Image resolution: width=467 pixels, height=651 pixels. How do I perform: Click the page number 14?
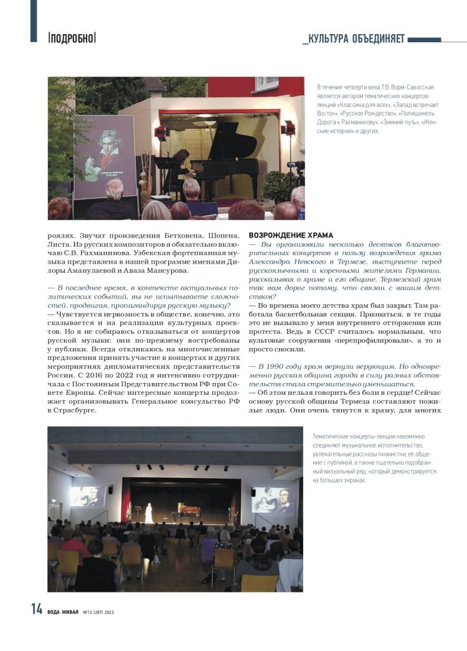point(37,610)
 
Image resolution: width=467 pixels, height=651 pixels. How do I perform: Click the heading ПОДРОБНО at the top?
point(72,37)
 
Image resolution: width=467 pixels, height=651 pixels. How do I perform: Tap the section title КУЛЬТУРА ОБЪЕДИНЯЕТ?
point(354,39)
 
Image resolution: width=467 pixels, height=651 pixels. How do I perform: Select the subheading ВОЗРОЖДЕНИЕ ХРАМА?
point(291,236)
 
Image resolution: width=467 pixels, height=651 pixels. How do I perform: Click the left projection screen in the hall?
point(87,496)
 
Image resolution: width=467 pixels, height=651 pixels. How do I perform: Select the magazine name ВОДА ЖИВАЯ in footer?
point(62,612)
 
